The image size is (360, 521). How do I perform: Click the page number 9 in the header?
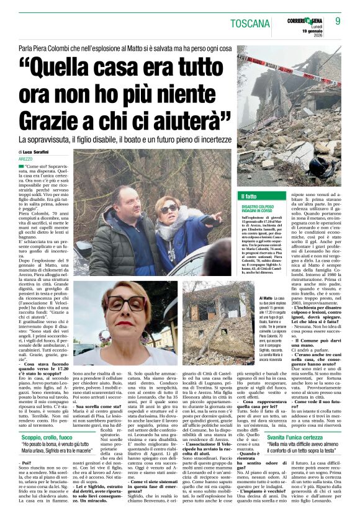tap(338, 22)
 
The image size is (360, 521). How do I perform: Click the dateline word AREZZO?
tap(27, 159)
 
